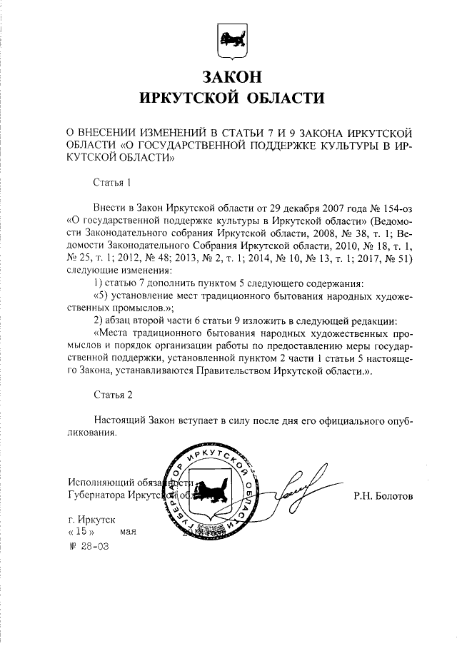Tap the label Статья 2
(x=113, y=393)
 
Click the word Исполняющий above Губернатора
(x=98, y=481)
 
